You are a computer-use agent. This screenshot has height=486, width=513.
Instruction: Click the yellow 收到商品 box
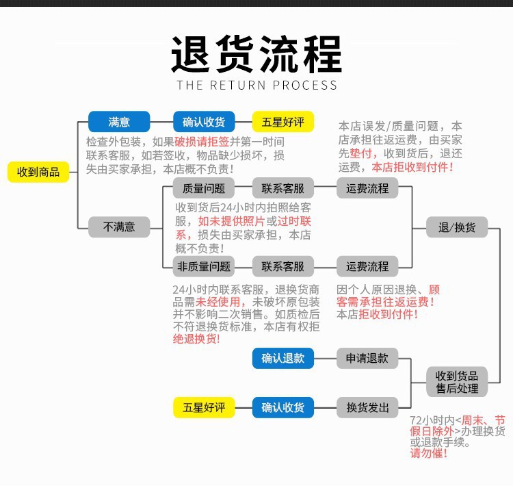coord(38,172)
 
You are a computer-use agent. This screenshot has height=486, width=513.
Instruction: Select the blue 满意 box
coord(118,123)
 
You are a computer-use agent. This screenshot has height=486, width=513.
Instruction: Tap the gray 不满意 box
coord(118,227)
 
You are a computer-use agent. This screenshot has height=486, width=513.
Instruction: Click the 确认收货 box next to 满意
coord(204,123)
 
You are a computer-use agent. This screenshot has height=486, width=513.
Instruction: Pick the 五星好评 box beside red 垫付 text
coord(283,123)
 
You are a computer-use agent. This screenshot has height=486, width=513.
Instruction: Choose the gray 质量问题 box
coord(204,188)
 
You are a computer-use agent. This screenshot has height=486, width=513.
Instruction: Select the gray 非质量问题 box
coord(204,266)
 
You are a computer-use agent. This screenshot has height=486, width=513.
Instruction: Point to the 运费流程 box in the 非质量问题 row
coord(367,266)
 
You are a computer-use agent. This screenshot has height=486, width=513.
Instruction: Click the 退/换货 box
coord(457,227)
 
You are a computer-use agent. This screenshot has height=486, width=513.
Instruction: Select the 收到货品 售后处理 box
coord(457,382)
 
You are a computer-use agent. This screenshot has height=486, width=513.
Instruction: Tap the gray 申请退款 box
coord(367,358)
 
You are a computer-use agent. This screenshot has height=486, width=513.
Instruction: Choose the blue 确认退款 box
coord(283,358)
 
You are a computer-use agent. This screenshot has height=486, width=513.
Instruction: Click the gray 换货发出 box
coord(367,408)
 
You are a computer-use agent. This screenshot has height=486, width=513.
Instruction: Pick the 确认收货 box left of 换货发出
coord(283,408)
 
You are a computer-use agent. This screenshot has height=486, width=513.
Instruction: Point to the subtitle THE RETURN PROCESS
coord(256,86)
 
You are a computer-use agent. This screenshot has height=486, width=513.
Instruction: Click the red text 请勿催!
coord(429,453)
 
